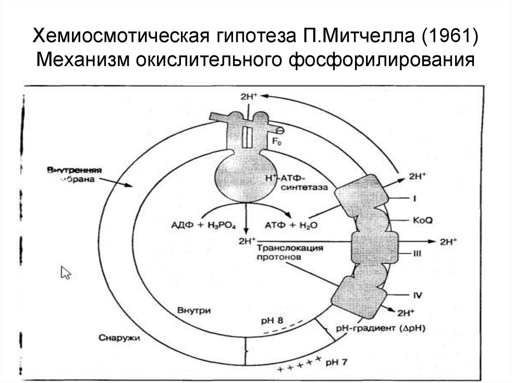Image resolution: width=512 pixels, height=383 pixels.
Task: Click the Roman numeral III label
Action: coord(415,253)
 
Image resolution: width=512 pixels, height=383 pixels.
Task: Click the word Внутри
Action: coord(193,310)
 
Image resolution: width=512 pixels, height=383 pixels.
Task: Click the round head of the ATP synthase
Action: coord(243,176)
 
